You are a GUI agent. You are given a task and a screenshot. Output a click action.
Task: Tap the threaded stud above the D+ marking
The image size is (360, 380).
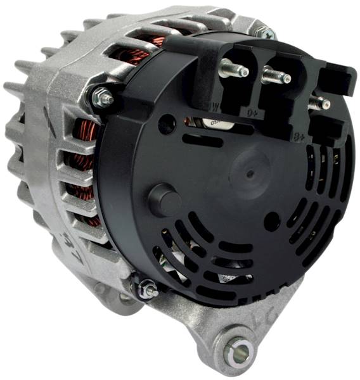point(276,77)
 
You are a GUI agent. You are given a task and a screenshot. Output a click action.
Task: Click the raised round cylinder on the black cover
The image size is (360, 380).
point(165,199)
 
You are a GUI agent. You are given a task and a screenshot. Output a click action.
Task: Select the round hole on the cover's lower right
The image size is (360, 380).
point(273,222)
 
